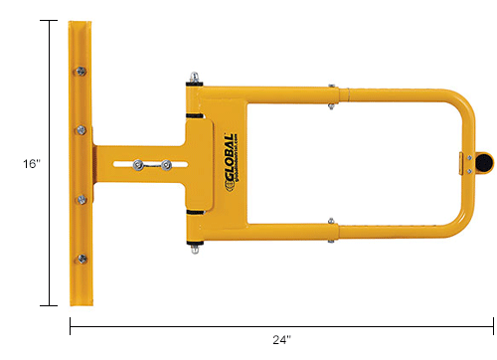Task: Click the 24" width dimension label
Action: point(281,340)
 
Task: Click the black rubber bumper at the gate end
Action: point(484,160)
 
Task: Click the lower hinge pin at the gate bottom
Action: point(197,250)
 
